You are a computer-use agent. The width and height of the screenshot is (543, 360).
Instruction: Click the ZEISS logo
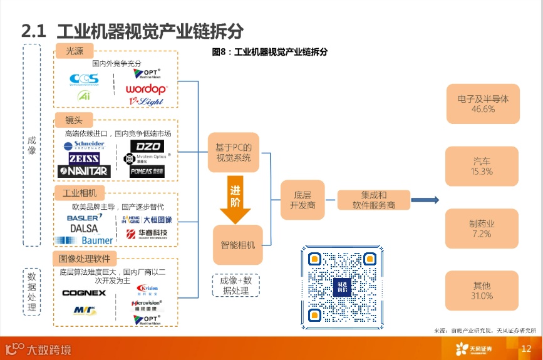coord(84,158)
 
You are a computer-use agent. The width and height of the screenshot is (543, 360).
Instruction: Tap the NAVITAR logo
coord(84,170)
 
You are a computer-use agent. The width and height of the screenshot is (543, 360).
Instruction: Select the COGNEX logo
coord(84,292)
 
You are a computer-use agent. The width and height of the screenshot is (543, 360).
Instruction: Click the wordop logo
coord(146,89)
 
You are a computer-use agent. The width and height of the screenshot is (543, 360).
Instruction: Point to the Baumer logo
coord(85,240)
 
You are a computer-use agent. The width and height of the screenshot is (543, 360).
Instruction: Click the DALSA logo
coord(84,229)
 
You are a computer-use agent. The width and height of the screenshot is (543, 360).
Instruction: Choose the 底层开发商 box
coord(303,200)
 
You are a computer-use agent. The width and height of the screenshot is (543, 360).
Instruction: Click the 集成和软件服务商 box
coord(373,200)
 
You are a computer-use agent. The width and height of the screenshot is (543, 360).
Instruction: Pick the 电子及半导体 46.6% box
coord(483,103)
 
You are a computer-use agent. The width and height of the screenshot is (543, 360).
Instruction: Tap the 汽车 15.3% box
coord(482,166)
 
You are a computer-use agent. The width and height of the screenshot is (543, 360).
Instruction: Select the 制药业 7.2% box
coord(482,229)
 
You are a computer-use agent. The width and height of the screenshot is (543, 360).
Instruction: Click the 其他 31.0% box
coord(482,291)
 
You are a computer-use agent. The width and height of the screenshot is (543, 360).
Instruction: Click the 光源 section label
coord(75,50)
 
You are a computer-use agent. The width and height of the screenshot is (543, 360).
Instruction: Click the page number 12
coord(526,349)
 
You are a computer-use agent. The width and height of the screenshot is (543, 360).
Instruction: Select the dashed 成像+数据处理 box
coord(235,285)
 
